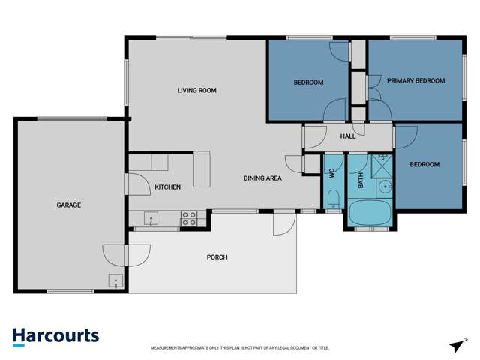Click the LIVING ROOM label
click(196, 91)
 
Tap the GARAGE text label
click(68, 205)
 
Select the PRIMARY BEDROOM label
click(415, 81)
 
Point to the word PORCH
click(217, 257)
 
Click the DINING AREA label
click(262, 178)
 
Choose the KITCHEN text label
click(167, 187)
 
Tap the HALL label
click(348, 136)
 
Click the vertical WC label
click(331, 173)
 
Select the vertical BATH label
click(360, 180)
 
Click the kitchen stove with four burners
click(189, 218)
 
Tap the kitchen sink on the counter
click(151, 219)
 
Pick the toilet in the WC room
click(334, 199)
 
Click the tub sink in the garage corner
click(115, 281)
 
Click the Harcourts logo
click(55, 337)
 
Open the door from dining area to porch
click(283, 223)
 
